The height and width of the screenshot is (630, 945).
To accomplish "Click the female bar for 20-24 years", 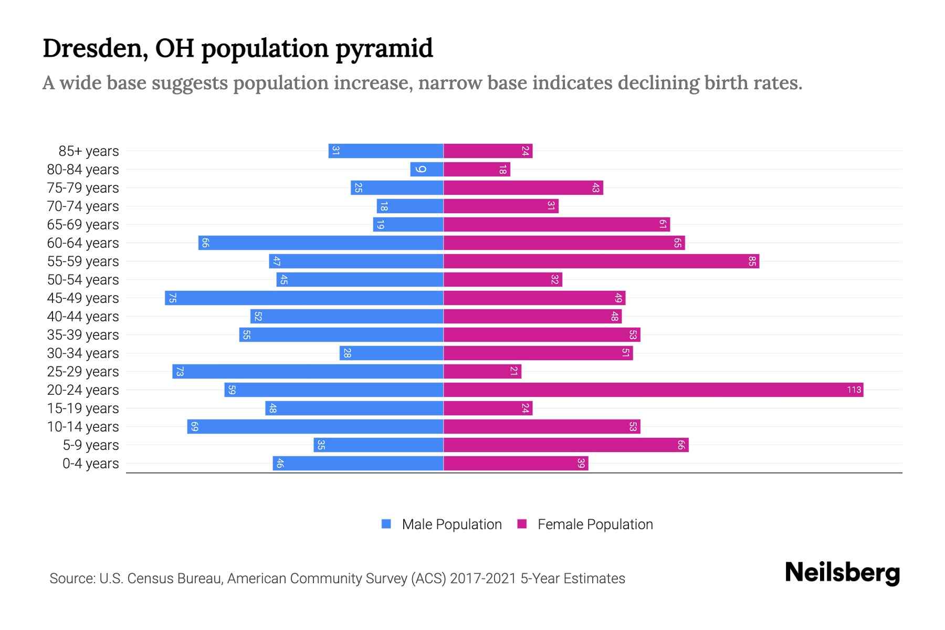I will (x=653, y=390).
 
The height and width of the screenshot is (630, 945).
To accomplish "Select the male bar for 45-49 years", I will (x=304, y=298).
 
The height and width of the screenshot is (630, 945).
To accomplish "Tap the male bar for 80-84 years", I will (x=426, y=169).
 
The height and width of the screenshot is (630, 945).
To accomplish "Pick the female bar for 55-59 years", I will (x=601, y=261).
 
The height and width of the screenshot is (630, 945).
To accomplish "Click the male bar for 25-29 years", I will (x=308, y=371).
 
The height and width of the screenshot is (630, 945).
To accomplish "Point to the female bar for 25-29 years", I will (x=482, y=371).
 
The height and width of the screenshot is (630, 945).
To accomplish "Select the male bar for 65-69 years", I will (x=408, y=224).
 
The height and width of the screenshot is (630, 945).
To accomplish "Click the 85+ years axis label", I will (x=89, y=151).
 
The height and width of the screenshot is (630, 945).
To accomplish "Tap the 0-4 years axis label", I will (x=90, y=464).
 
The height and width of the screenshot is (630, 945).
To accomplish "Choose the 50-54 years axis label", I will (x=83, y=280).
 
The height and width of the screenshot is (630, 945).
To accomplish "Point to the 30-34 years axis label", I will (x=83, y=353).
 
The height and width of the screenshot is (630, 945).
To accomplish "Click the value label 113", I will (x=854, y=390).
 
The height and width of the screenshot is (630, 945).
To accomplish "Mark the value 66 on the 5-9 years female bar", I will (x=681, y=445).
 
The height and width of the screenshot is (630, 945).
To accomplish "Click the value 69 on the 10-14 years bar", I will (x=194, y=427).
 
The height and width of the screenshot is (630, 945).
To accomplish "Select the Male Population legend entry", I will (x=451, y=524).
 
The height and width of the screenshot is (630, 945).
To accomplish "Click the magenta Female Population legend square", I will (x=522, y=524).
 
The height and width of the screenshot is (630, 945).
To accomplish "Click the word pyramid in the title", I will (x=384, y=49).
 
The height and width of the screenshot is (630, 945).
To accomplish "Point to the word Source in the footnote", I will (x=72, y=579).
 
